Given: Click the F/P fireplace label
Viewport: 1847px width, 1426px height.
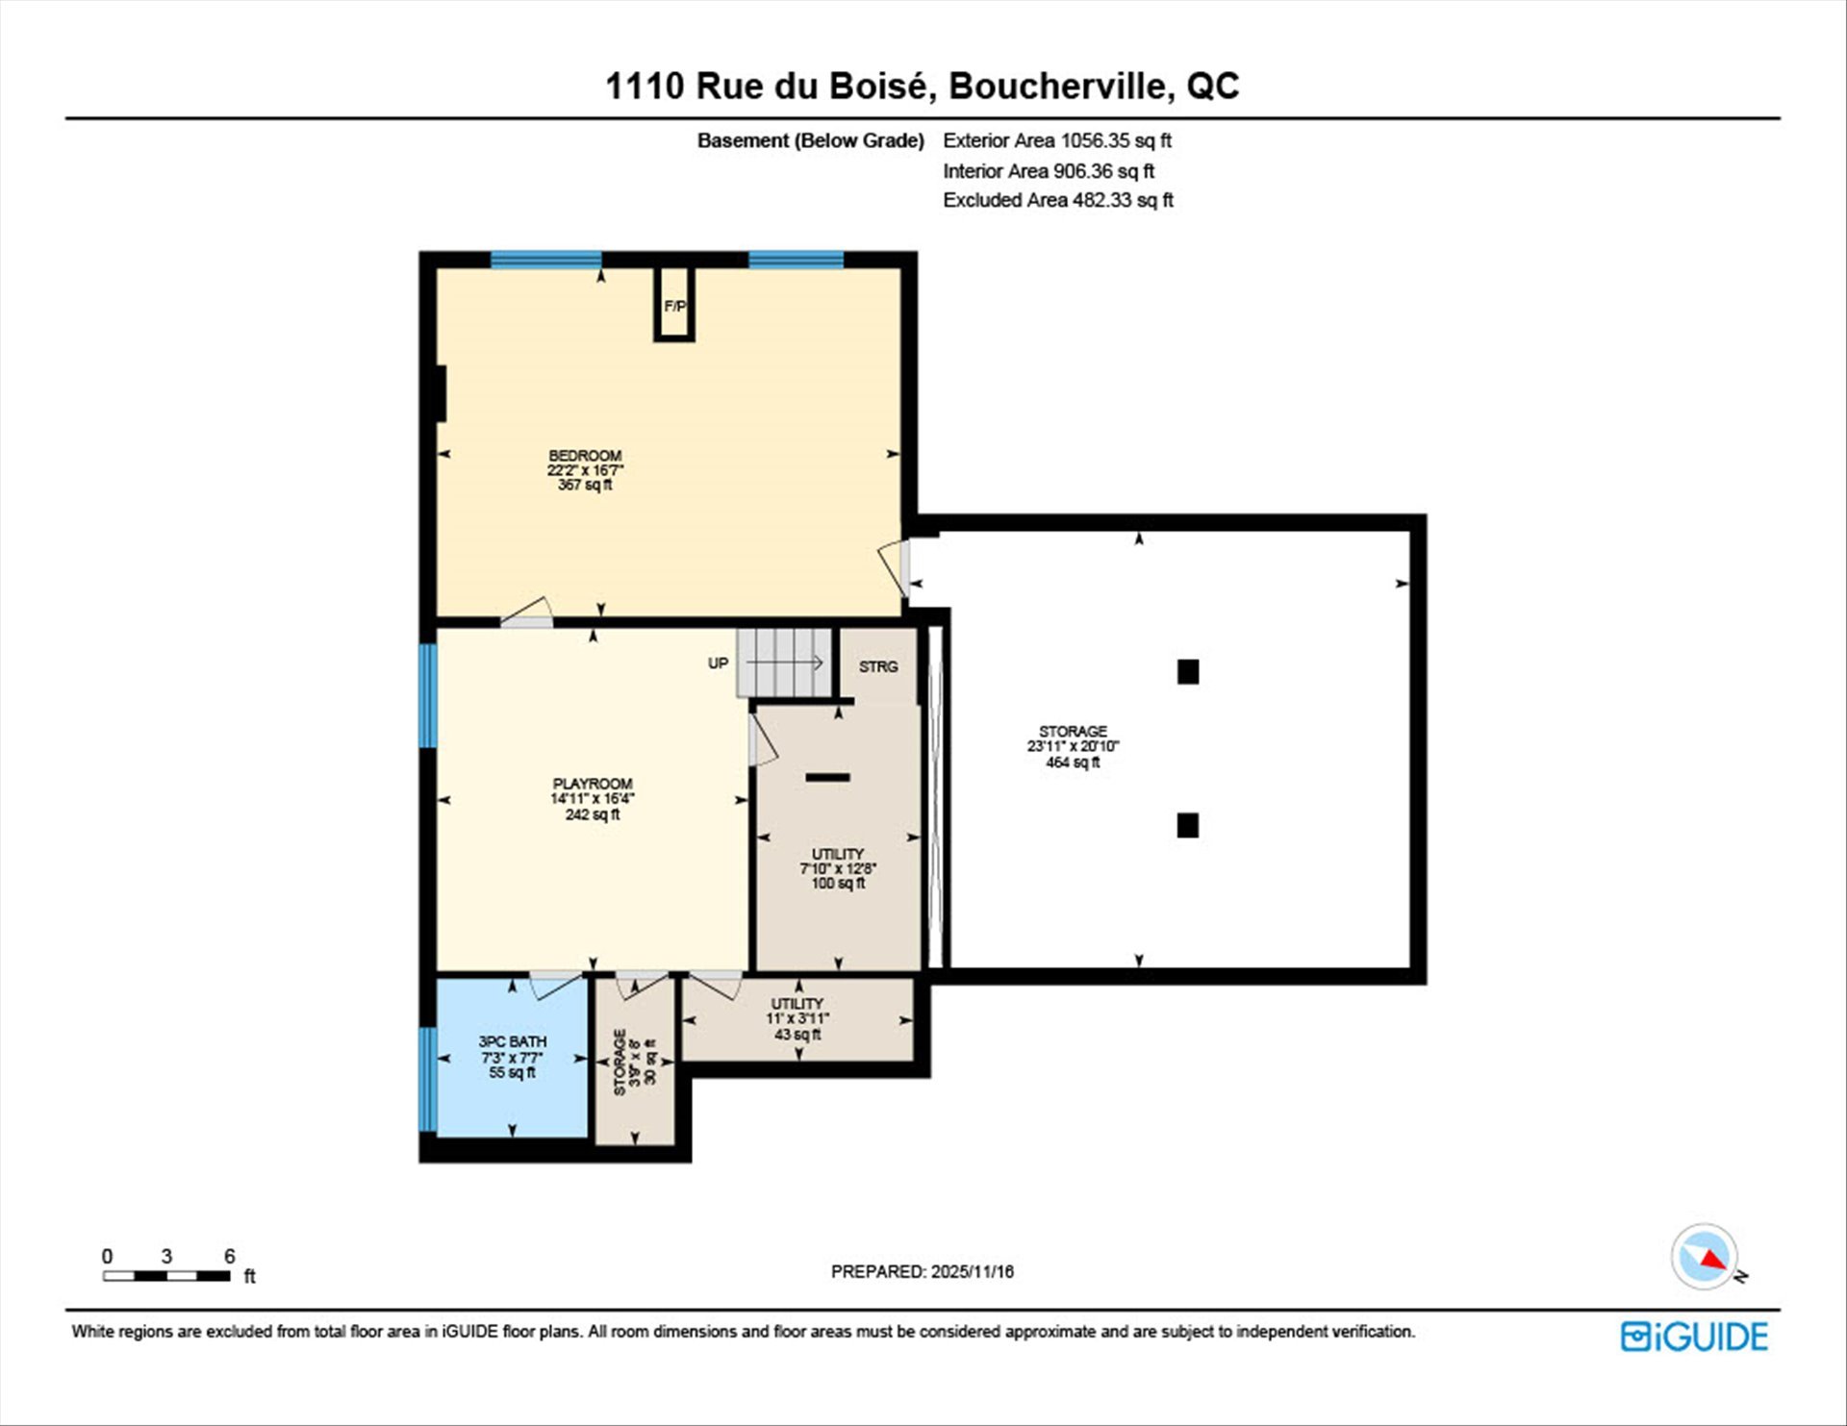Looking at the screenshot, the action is click(x=674, y=307).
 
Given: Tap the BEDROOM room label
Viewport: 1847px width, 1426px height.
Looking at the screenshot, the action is click(x=585, y=456).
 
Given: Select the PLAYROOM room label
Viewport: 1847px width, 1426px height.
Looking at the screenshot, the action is click(x=593, y=784).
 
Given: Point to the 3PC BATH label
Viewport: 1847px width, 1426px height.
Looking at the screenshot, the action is click(x=513, y=1041).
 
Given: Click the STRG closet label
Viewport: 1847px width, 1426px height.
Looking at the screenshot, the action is click(x=878, y=666).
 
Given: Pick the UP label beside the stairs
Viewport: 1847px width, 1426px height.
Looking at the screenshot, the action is click(x=719, y=663).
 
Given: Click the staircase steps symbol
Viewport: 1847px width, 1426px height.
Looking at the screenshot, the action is click(x=785, y=663).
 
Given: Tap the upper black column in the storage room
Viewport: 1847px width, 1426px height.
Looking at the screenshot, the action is click(x=1188, y=671).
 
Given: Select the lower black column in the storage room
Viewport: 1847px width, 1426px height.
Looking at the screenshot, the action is click(x=1188, y=825).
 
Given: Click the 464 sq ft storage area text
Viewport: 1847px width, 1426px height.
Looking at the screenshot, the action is click(x=1073, y=763).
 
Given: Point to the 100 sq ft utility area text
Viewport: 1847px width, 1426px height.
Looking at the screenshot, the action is click(x=838, y=883).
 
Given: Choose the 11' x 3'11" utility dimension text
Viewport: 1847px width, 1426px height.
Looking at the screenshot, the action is click(x=797, y=1019).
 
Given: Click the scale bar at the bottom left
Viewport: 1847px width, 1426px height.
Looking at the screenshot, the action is click(x=167, y=1276).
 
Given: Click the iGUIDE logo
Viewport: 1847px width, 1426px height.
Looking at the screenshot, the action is click(x=1694, y=1337).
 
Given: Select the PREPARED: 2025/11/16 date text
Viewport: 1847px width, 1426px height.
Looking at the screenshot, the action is click(x=923, y=1271).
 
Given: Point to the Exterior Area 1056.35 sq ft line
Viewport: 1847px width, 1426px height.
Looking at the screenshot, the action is click(x=1057, y=140).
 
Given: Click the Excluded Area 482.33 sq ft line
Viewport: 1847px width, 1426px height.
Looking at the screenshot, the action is click(x=1058, y=200).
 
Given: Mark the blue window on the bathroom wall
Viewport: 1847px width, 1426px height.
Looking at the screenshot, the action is click(x=428, y=1079).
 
